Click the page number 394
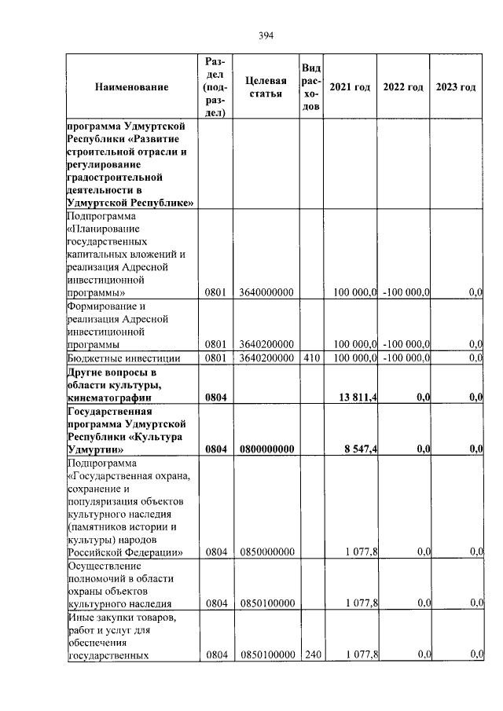coord(265,35)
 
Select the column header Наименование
coord(131,86)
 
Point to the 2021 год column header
coord(349,86)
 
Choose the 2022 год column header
coord(403,86)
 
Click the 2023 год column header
coord(456,86)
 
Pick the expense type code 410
coord(310,359)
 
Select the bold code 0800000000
coord(266,449)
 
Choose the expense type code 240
coord(310,654)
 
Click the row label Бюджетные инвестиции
coord(124,359)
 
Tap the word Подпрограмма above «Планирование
coord(101,216)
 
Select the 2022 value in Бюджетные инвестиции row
coord(406,359)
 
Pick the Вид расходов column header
coord(310,86)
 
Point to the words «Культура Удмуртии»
coord(118,443)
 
